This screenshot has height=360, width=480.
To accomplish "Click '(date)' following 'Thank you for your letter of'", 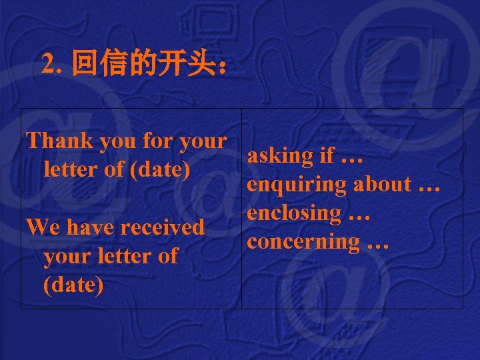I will (161, 169).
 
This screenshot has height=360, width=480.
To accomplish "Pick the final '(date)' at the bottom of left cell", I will (73, 285).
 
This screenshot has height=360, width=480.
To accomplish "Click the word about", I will (382, 184).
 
